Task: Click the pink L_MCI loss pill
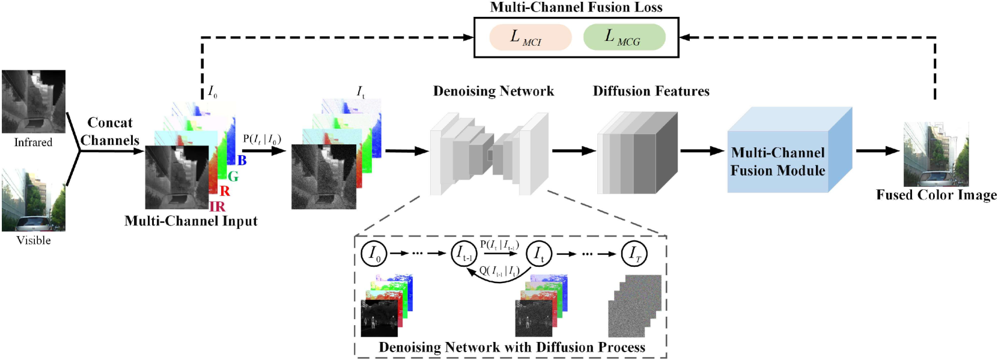click(530, 37)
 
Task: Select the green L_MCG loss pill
click(624, 37)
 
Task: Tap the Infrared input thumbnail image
click(34, 102)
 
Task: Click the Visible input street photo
click(34, 200)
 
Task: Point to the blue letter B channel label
click(242, 160)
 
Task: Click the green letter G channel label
click(233, 176)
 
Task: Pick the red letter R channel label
click(225, 191)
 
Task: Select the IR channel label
click(217, 207)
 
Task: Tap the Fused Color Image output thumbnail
click(936, 154)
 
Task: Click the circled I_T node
click(633, 254)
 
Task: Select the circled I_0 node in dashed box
click(373, 254)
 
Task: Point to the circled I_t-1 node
click(463, 254)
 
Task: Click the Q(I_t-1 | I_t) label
click(499, 271)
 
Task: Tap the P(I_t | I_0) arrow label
click(262, 139)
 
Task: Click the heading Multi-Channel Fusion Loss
click(576, 7)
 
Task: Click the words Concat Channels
click(110, 131)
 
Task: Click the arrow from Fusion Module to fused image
click(877, 151)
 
